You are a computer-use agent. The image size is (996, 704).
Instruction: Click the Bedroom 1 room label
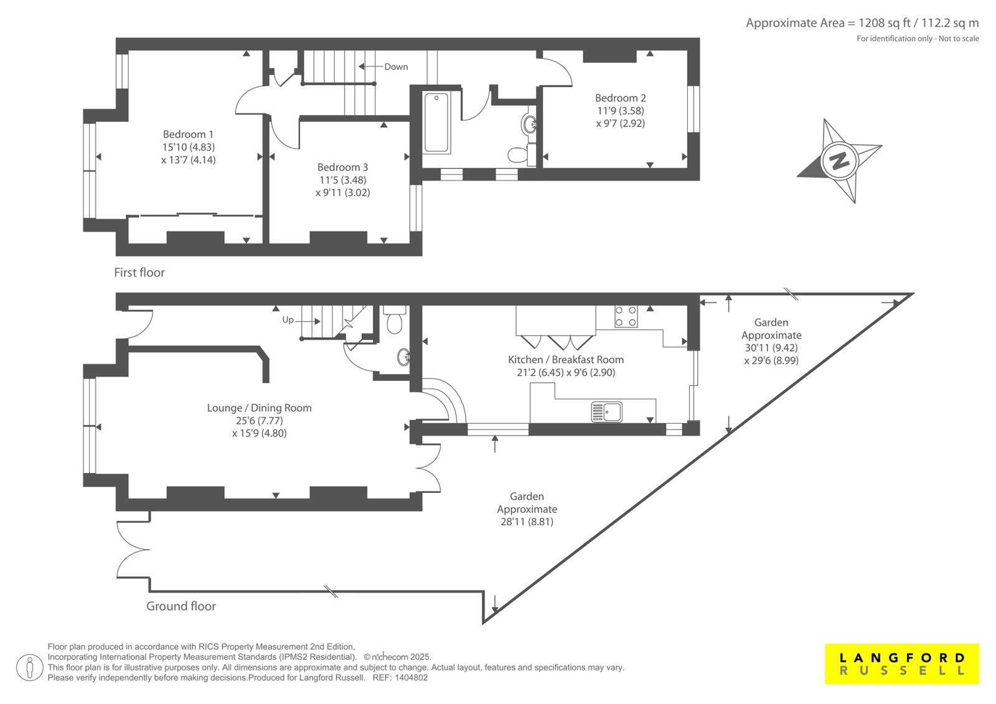tap(188, 134)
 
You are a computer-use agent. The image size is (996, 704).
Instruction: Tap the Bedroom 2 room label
tap(620, 98)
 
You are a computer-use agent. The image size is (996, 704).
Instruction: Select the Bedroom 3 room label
tap(342, 167)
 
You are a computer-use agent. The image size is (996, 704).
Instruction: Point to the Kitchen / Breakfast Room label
tap(566, 359)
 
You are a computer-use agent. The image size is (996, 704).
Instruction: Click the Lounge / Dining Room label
tap(259, 408)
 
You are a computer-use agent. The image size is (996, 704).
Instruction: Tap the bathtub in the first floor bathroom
tap(436, 122)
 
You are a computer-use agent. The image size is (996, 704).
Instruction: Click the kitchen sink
tap(606, 412)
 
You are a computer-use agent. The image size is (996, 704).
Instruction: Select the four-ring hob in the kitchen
tap(626, 316)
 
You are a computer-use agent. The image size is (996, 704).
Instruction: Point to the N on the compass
tap(839, 160)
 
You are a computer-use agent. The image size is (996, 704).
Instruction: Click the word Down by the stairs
tap(396, 67)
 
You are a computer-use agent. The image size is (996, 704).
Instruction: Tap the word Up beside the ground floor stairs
tap(288, 320)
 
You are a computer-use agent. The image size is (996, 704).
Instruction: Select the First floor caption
tap(139, 272)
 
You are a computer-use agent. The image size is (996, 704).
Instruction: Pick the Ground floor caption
tap(181, 606)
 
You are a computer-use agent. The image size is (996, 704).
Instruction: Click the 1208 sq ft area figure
tap(885, 22)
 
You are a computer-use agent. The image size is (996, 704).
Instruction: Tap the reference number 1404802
tap(411, 678)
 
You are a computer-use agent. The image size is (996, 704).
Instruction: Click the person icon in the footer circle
tap(30, 667)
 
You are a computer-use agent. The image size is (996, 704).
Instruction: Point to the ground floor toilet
tap(395, 319)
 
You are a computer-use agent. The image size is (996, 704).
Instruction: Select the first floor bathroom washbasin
tap(529, 124)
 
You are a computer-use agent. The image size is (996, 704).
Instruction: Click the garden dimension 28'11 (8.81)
tap(527, 522)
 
